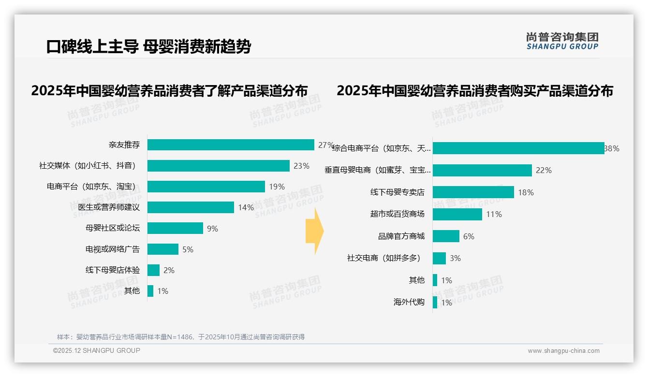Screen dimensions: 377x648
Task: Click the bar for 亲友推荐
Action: pyautogui.click(x=231, y=145)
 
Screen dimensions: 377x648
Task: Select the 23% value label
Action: pyautogui.click(x=301, y=166)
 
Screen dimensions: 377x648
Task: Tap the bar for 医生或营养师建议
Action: pyautogui.click(x=191, y=207)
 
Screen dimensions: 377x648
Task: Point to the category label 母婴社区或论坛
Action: pyautogui.click(x=113, y=228)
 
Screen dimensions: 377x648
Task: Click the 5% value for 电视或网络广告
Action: pyautogui.click(x=188, y=249)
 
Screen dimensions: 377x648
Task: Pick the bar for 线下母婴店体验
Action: pyautogui.click(x=153, y=270)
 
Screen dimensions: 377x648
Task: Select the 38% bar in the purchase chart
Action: pyautogui.click(x=518, y=148)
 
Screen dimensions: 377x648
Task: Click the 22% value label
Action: pyautogui.click(x=544, y=170)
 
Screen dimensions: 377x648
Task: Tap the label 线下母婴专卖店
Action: pyautogui.click(x=397, y=192)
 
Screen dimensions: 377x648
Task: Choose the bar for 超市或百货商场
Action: pyautogui.click(x=457, y=214)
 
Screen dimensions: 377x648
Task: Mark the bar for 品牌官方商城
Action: pyautogui.click(x=446, y=236)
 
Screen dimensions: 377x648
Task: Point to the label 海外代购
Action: pyautogui.click(x=409, y=303)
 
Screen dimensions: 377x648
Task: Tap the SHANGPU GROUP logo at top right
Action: pyautogui.click(x=562, y=41)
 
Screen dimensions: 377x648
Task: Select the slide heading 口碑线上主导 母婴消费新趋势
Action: pyautogui.click(x=148, y=46)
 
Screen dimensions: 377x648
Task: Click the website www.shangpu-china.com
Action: pyautogui.click(x=563, y=351)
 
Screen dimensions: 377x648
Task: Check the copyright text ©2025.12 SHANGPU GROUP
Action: pyautogui.click(x=97, y=350)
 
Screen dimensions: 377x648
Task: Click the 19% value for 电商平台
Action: pyautogui.click(x=277, y=187)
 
